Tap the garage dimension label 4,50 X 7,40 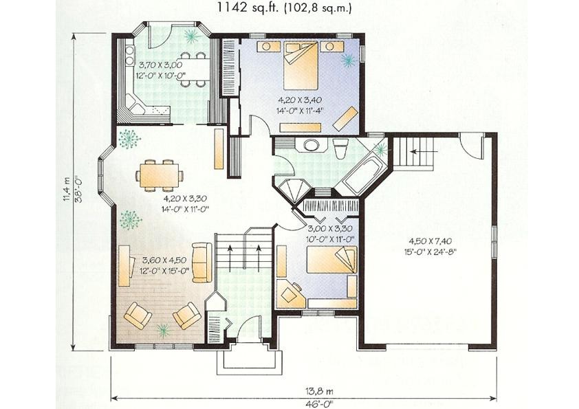pos(430,241)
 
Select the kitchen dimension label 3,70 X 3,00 pos(161,65)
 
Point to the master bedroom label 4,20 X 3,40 pos(301,100)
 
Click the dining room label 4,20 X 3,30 pos(186,199)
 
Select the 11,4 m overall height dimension pos(67,189)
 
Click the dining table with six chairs pos(160,176)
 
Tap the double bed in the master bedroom pos(301,66)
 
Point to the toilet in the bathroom pos(339,148)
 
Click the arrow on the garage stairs pos(418,151)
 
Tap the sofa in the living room pos(202,263)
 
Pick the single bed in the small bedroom pos(332,260)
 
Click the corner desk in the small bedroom pos(291,294)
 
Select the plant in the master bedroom pos(348,60)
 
